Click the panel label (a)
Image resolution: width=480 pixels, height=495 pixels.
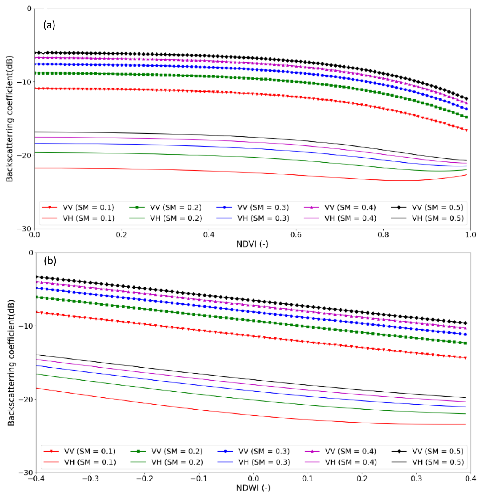click(x=49, y=25)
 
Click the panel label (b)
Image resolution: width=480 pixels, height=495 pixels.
click(x=50, y=261)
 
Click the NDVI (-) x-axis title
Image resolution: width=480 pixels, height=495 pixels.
click(x=252, y=244)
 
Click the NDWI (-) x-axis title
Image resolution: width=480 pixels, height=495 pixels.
click(x=253, y=488)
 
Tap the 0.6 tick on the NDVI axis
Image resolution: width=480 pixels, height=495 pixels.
click(x=296, y=235)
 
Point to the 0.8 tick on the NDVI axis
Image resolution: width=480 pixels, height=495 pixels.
click(x=383, y=235)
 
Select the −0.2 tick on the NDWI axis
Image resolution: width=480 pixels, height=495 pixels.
click(x=145, y=479)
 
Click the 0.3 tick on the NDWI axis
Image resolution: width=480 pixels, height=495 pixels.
click(x=416, y=479)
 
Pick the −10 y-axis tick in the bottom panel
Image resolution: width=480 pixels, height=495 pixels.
click(x=25, y=326)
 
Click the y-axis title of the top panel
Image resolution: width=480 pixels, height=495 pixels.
click(x=9, y=119)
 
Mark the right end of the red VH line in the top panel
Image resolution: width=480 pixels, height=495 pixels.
click(x=467, y=175)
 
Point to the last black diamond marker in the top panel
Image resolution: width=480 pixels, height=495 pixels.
click(x=467, y=99)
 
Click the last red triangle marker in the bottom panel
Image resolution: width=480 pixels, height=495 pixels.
click(x=466, y=358)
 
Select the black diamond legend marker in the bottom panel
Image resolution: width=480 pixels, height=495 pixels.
click(x=399, y=451)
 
